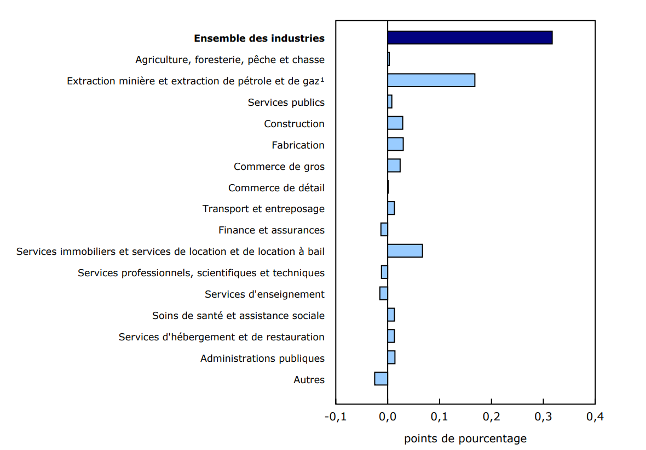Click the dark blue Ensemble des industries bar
pyautogui.click(x=470, y=38)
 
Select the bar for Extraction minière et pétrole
pyautogui.click(x=431, y=80)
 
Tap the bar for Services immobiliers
pyautogui.click(x=405, y=250)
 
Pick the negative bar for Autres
pyautogui.click(x=381, y=379)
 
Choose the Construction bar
pyautogui.click(x=395, y=123)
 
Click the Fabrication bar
pyautogui.click(x=395, y=144)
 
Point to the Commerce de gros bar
pyautogui.click(x=394, y=166)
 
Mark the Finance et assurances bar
pyautogui.click(x=384, y=230)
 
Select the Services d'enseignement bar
pyautogui.click(x=384, y=293)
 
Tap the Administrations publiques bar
pyautogui.click(x=391, y=357)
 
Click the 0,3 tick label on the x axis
pyautogui.click(x=543, y=417)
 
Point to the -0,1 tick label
pyautogui.click(x=335, y=417)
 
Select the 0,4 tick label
pyautogui.click(x=595, y=417)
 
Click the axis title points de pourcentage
pyautogui.click(x=465, y=438)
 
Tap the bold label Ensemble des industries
pyautogui.click(x=259, y=38)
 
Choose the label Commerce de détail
pyautogui.click(x=276, y=188)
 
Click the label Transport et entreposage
pyautogui.click(x=263, y=209)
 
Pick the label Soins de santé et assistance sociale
pyautogui.click(x=238, y=316)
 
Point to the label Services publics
pyautogui.click(x=286, y=102)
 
